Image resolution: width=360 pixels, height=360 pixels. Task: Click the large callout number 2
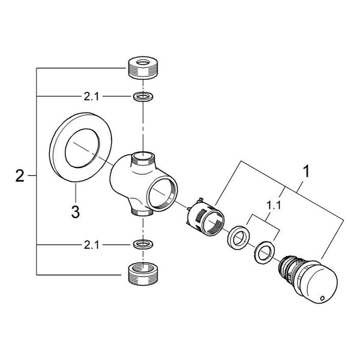pyautogui.click(x=20, y=176)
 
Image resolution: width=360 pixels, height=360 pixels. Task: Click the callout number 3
pyautogui.click(x=76, y=212)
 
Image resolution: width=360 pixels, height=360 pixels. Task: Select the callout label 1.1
pyautogui.click(x=274, y=205)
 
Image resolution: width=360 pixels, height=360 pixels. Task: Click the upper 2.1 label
pyautogui.click(x=91, y=97)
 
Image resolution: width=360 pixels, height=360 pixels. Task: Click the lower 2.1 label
pyautogui.click(x=91, y=245)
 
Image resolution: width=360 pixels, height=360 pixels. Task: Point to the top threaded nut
pyautogui.click(x=143, y=68)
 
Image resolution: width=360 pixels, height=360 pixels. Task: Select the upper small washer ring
pyautogui.click(x=143, y=97)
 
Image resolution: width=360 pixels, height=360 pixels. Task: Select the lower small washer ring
pyautogui.click(x=143, y=245)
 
